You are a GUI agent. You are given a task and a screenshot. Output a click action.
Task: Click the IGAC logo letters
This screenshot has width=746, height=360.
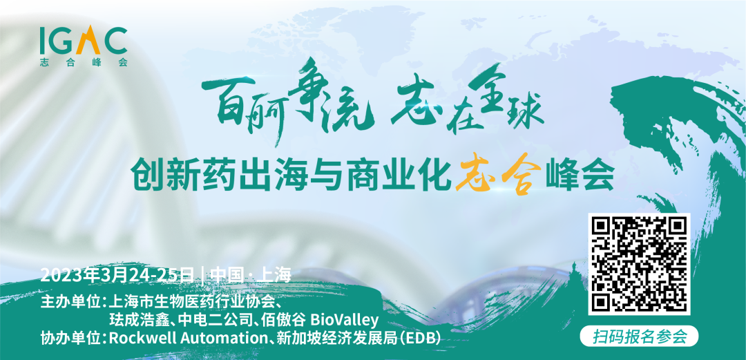(x=84, y=41)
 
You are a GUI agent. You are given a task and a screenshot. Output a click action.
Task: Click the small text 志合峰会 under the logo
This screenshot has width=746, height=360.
(x=84, y=62)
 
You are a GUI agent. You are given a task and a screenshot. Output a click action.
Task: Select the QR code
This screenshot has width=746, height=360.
(x=639, y=264)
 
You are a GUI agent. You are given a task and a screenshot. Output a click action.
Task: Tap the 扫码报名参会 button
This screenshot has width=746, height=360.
(x=640, y=337)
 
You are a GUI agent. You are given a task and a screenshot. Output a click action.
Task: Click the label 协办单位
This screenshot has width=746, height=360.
(x=71, y=337)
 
